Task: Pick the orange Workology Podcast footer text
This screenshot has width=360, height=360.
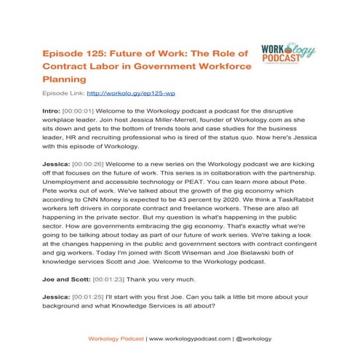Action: click(116, 339)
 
